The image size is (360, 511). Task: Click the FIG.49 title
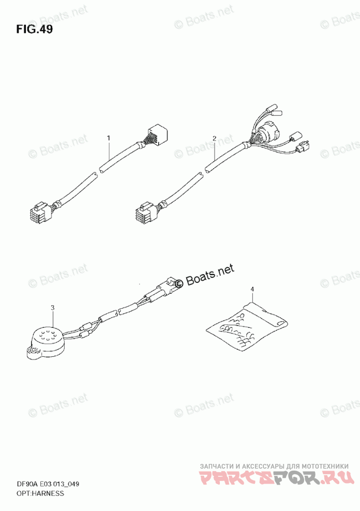click(34, 29)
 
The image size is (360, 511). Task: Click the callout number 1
click(109, 138)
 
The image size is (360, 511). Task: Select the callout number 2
click(214, 138)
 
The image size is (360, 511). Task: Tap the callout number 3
click(52, 308)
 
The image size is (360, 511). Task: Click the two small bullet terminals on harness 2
click(272, 110)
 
